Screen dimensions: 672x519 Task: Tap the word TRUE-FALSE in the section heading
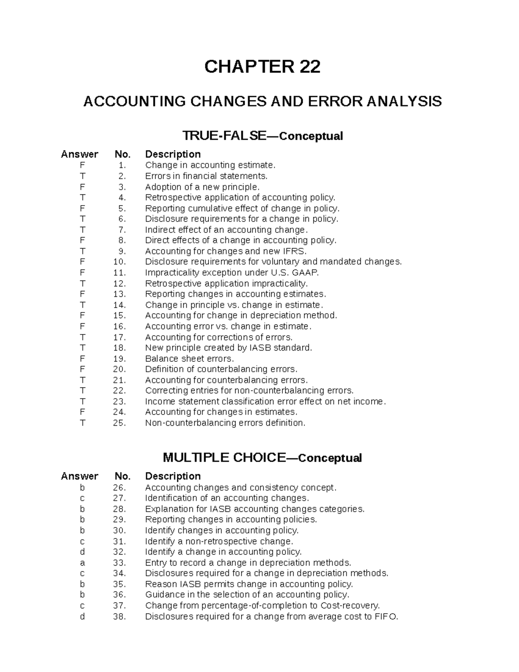click(224, 136)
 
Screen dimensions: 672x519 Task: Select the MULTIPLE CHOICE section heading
click(224, 458)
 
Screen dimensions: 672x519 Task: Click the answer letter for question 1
click(82, 165)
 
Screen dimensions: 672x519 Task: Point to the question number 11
click(119, 273)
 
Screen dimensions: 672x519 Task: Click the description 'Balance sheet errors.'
click(189, 359)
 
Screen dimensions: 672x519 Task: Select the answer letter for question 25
click(82, 423)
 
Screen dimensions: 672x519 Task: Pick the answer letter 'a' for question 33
click(82, 563)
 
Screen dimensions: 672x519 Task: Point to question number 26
click(119, 488)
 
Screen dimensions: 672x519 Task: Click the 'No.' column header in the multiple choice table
click(122, 476)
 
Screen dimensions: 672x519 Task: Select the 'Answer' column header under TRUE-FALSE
click(80, 154)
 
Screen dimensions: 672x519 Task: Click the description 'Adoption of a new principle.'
click(202, 187)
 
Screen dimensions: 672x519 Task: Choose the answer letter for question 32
click(82, 552)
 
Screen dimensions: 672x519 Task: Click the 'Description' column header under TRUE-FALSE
click(173, 154)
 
